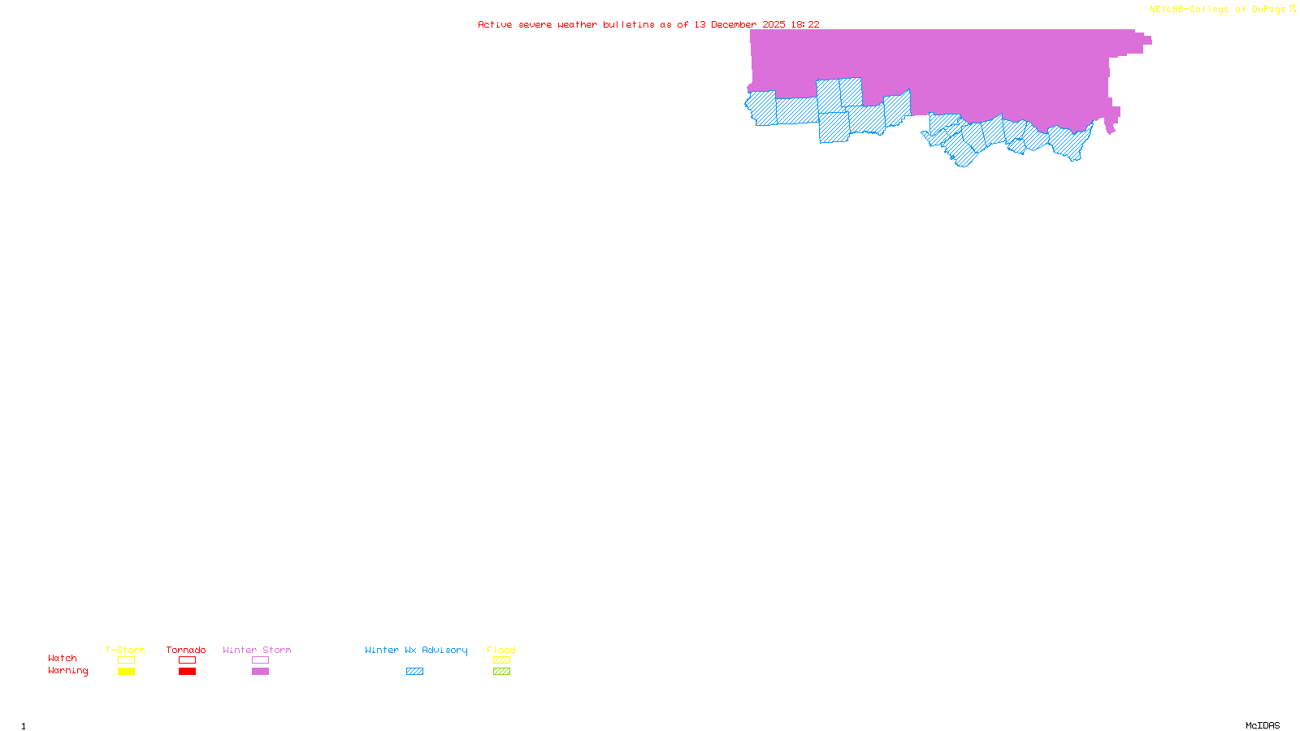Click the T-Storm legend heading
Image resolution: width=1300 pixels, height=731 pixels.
coord(125,650)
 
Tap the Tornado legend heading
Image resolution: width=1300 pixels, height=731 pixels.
coord(186,650)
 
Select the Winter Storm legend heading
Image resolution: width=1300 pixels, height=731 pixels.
coord(257,650)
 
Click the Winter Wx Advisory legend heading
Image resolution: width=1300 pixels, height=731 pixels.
coord(416,650)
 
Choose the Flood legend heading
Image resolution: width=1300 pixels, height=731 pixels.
coord(501,650)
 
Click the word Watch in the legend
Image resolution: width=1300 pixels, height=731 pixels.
coord(63,658)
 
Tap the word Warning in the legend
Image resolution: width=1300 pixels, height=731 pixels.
coord(68,671)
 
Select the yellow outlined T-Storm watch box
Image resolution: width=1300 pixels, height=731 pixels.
coord(126,660)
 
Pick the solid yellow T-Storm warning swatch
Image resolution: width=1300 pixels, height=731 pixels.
coord(126,672)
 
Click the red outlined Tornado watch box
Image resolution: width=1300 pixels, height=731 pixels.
coord(188,660)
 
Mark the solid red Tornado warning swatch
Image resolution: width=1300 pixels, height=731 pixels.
coord(188,672)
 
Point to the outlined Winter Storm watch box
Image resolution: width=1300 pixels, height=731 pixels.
coord(260,660)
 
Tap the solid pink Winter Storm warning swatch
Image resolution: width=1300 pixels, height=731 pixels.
coord(260,672)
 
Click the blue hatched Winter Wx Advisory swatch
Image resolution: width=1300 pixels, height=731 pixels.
coord(414,672)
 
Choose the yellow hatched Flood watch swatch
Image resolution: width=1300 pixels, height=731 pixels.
coord(501,660)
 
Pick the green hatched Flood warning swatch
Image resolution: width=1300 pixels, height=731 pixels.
coord(501,672)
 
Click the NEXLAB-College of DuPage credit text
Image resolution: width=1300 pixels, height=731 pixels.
coord(1219,10)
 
